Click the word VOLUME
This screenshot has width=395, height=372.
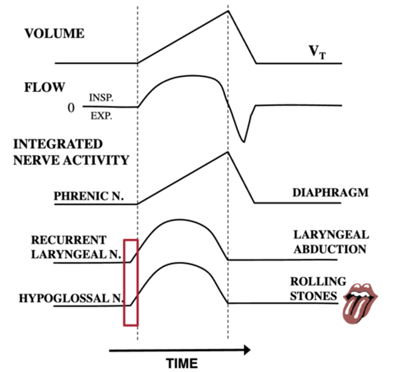pos(54,33)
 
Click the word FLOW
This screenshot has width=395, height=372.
pos(45,87)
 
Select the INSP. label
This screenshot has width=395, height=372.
pos(101,98)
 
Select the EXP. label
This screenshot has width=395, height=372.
pos(101,116)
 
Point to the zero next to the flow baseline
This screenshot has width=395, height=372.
pos(71,108)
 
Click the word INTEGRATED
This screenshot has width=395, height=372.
pos(58,144)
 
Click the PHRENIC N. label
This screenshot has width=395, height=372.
pos(89,196)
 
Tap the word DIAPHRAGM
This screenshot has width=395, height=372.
pos(331,193)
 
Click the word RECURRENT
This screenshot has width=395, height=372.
pos(69,240)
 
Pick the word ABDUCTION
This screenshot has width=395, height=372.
pos(330,249)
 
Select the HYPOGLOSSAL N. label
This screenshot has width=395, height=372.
pos(71,298)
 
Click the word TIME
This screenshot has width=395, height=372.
pos(182,363)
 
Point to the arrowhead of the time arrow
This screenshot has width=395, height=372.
pos(247,350)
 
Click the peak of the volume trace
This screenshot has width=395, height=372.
pos(228,11)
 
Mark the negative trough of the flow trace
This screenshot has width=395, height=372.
pos(244,142)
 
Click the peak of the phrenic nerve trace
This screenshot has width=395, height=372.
pos(228,152)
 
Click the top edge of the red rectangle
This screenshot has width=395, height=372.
pos(131,240)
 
